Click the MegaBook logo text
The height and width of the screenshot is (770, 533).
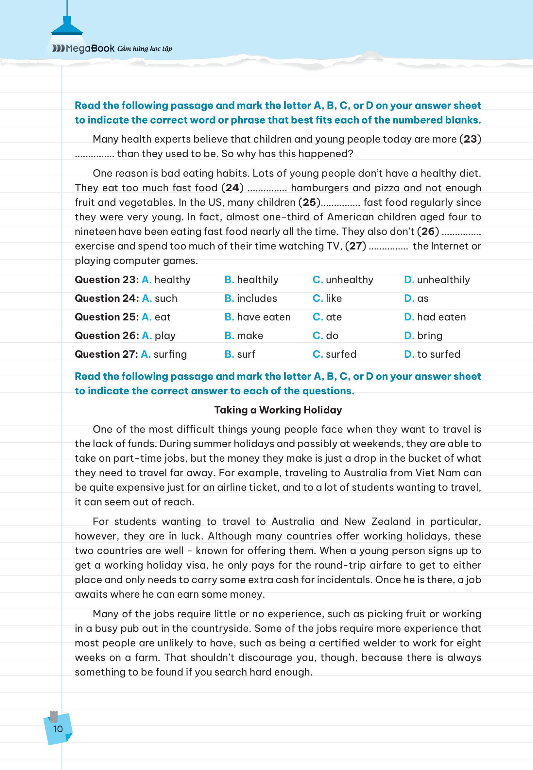[x=83, y=49]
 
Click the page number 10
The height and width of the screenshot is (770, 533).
[x=58, y=728]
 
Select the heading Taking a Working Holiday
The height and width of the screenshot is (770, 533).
[x=278, y=410]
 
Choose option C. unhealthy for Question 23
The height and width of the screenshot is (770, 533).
[x=343, y=280]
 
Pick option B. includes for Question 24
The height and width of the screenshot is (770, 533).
[x=251, y=298]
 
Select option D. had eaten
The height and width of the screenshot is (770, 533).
[x=435, y=317]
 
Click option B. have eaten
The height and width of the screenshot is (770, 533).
[x=257, y=317]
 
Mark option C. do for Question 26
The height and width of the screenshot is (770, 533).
[x=325, y=335]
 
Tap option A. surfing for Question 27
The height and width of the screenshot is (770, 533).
[x=164, y=354]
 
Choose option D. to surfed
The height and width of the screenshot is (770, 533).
[x=432, y=354]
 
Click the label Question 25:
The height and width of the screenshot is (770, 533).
[x=107, y=317]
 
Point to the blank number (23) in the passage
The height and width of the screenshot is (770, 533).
[x=470, y=139]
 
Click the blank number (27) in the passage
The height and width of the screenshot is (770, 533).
[x=355, y=246]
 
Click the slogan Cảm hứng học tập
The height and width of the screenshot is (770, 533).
[x=145, y=49]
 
